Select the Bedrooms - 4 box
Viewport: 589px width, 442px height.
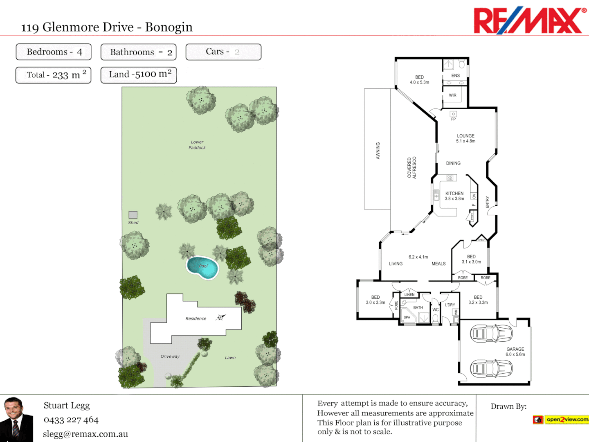[54, 52]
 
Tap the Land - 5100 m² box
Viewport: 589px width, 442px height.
[139, 75]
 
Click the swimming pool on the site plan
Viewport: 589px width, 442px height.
[202, 267]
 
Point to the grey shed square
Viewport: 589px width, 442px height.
[133, 215]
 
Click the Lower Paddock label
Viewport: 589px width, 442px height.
[197, 145]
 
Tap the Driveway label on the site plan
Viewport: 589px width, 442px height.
[170, 356]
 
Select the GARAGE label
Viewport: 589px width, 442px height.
[515, 349]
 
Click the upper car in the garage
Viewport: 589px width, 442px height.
[491, 334]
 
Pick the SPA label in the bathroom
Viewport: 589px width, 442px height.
[407, 317]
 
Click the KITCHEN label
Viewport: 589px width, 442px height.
[454, 193]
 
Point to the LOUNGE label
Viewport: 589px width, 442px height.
[465, 136]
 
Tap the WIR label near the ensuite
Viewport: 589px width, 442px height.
[452, 95]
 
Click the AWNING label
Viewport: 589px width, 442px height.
[378, 151]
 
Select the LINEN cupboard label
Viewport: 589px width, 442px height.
[409, 295]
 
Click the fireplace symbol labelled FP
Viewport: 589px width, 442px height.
[453, 114]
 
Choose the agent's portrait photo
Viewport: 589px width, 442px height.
[16, 419]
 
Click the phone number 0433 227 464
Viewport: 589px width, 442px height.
[71, 420]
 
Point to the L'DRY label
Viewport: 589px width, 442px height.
[450, 305]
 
